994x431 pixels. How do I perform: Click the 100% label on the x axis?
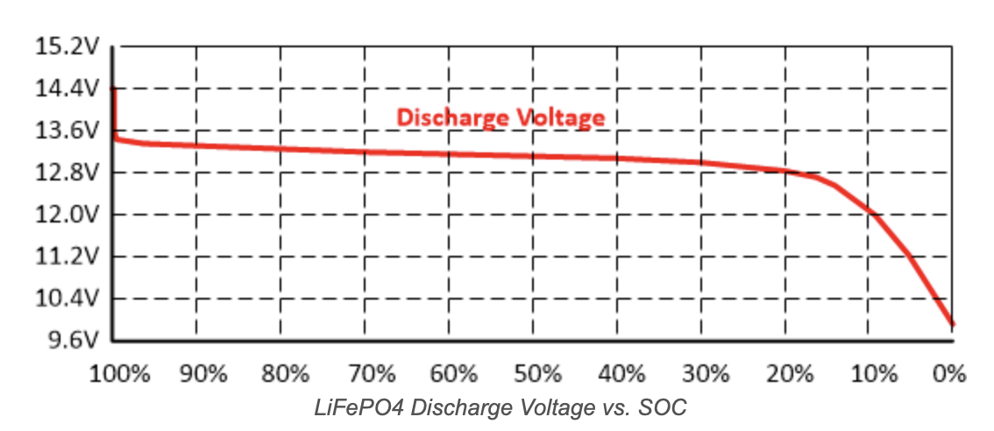click(121, 374)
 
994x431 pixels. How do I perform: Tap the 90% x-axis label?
click(203, 374)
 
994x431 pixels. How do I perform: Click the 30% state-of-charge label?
click(705, 374)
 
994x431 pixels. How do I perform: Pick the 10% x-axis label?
click(873, 374)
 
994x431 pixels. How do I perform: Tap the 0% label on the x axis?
click(949, 374)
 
